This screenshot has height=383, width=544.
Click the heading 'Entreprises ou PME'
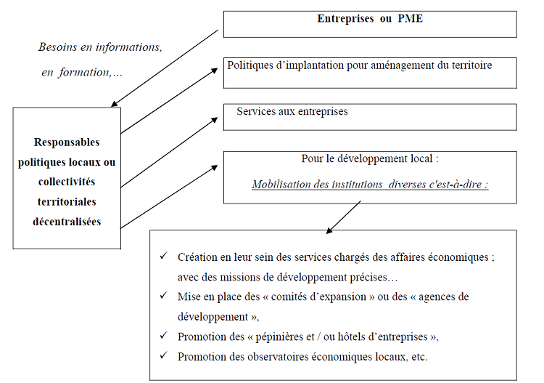tap(370, 19)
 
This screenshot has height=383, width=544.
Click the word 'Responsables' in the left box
tap(67, 142)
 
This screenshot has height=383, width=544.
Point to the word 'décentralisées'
tap(67, 222)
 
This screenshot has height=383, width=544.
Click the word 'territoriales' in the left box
tap(67, 201)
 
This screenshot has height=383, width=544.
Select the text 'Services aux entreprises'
tap(292, 112)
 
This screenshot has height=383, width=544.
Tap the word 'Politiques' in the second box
tap(250, 65)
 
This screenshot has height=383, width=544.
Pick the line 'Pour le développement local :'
tap(370, 159)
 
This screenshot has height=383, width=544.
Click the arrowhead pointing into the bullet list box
tap(330, 230)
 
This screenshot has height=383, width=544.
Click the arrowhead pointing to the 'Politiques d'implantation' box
tap(215, 70)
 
